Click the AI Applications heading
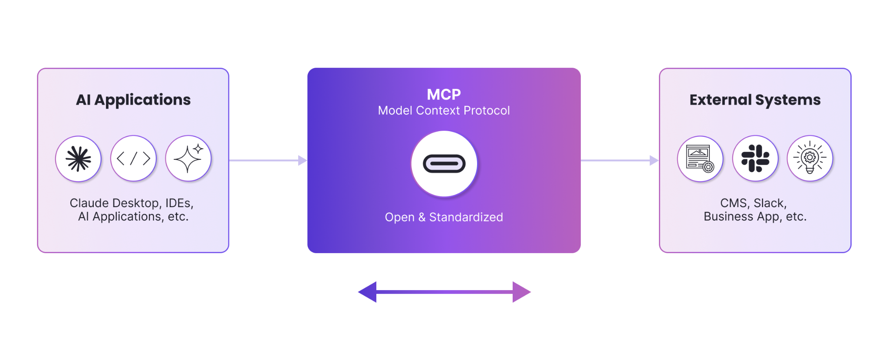point(133,100)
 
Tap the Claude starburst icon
point(79,159)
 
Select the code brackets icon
point(134,159)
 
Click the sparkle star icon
point(188,159)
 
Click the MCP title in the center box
point(444,95)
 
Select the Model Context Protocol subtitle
point(444,111)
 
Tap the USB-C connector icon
point(444,164)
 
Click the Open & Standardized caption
point(444,217)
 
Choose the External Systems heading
point(755,100)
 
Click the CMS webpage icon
point(700,159)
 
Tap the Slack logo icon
point(755,159)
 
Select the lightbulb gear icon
point(810,159)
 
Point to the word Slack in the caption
point(770,203)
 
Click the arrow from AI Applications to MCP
point(268,161)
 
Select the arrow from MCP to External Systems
point(619,161)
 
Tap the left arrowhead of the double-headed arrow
point(367,292)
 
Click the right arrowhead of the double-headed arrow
point(521,292)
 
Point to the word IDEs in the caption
point(179,203)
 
